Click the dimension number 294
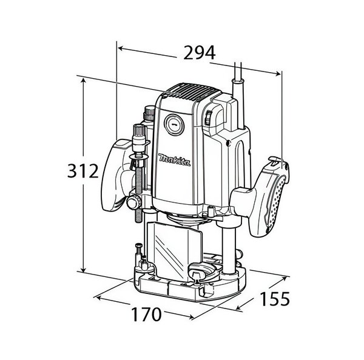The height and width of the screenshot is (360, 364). point(200,53)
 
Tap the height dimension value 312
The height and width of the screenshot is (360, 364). point(83,171)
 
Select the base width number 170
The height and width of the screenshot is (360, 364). point(146,315)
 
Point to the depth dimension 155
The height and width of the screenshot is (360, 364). point(275,299)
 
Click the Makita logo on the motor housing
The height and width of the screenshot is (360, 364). point(175,160)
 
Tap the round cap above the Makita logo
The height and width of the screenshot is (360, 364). point(174,125)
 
